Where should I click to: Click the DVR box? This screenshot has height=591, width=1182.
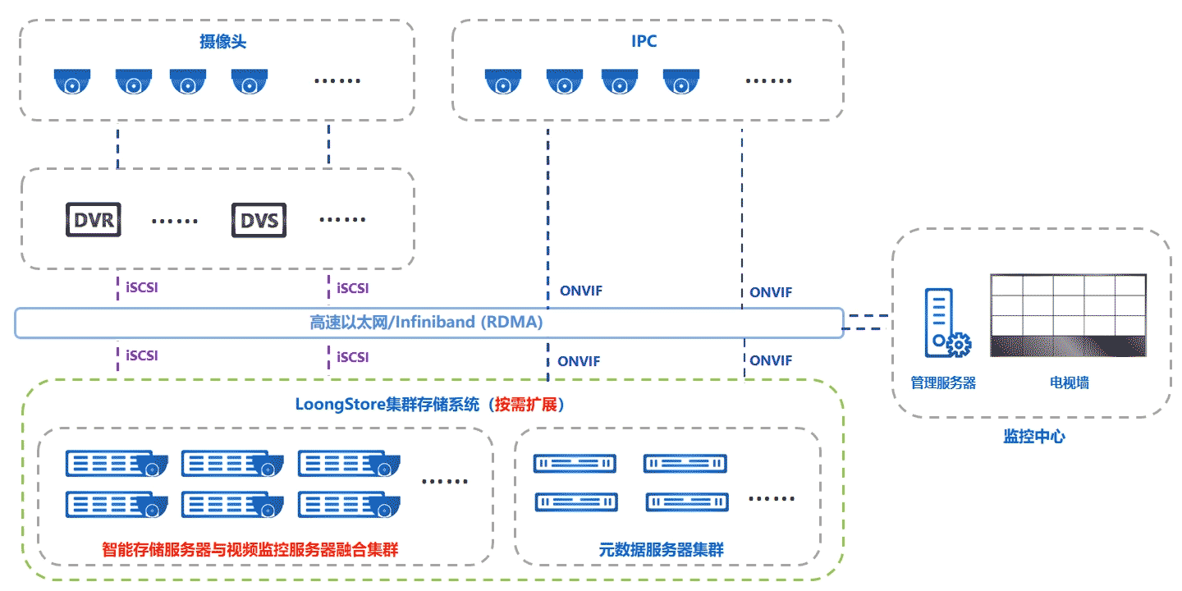94,219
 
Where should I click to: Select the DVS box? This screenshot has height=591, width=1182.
259,220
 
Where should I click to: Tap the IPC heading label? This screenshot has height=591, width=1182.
644,41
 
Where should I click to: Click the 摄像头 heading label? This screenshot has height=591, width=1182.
222,42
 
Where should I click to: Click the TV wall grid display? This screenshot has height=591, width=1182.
1068,315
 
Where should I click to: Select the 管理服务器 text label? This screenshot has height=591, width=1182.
943,383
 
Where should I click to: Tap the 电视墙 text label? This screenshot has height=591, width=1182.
1069,383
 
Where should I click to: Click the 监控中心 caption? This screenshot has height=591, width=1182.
1033,437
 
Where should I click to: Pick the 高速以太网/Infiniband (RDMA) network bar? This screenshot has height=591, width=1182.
429,323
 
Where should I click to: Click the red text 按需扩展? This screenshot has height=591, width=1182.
525,405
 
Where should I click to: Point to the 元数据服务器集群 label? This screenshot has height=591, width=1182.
661,550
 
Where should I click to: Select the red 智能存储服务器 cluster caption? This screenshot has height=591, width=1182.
250,550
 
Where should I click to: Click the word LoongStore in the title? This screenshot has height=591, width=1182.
341,405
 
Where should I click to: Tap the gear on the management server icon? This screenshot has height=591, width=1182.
959,345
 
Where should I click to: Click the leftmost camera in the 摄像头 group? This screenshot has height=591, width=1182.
72,81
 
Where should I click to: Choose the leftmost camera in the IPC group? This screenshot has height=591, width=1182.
503,81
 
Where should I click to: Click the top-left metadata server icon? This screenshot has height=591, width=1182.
575,463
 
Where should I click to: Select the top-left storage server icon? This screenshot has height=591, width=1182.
117,463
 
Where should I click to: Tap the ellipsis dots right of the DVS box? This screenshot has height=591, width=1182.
342,219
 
